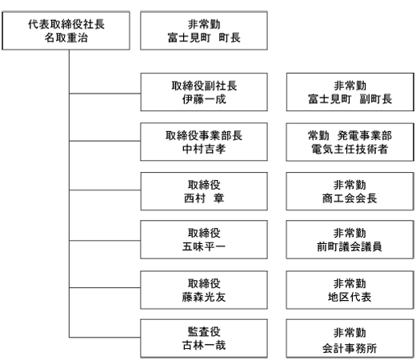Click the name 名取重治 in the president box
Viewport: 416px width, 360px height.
point(66,38)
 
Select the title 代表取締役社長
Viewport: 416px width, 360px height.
point(66,24)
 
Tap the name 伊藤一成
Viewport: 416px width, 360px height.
point(204,99)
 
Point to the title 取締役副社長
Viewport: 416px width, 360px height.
point(204,86)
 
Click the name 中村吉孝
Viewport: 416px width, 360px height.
point(204,149)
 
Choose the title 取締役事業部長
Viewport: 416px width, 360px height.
point(204,135)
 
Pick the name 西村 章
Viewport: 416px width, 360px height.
point(204,198)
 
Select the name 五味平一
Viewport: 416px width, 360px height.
point(204,246)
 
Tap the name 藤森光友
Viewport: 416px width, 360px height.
point(204,297)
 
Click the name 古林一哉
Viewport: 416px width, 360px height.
point(204,345)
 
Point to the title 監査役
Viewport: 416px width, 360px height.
point(204,332)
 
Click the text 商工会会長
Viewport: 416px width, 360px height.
point(350,198)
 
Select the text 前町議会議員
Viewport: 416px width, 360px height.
point(350,246)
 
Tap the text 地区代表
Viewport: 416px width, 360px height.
point(350,297)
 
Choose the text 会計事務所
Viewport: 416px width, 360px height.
point(350,348)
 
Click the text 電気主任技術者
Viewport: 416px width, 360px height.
point(350,149)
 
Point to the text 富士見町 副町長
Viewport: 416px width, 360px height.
point(350,99)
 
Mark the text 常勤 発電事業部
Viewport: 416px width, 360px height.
point(350,135)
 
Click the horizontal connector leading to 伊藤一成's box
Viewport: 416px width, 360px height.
point(105,94)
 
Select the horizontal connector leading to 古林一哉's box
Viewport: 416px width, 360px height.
point(105,338)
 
